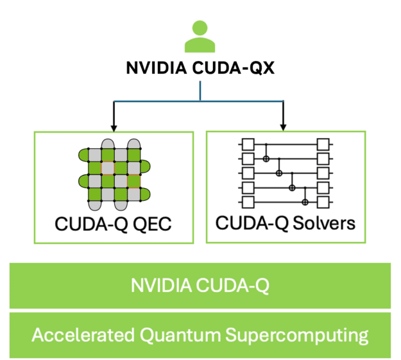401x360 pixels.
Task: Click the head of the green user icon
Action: click(x=200, y=28)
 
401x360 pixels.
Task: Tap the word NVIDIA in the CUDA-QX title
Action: click(x=152, y=68)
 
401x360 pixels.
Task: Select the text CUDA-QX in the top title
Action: click(x=232, y=68)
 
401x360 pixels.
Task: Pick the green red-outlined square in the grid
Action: click(x=133, y=182)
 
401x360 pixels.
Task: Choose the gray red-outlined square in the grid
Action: click(x=107, y=168)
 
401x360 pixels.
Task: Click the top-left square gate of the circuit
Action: click(x=246, y=143)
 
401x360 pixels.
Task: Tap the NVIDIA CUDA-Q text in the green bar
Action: click(x=200, y=285)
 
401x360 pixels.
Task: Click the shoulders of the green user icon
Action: click(x=200, y=45)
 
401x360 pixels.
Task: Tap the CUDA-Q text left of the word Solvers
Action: click(x=247, y=224)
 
